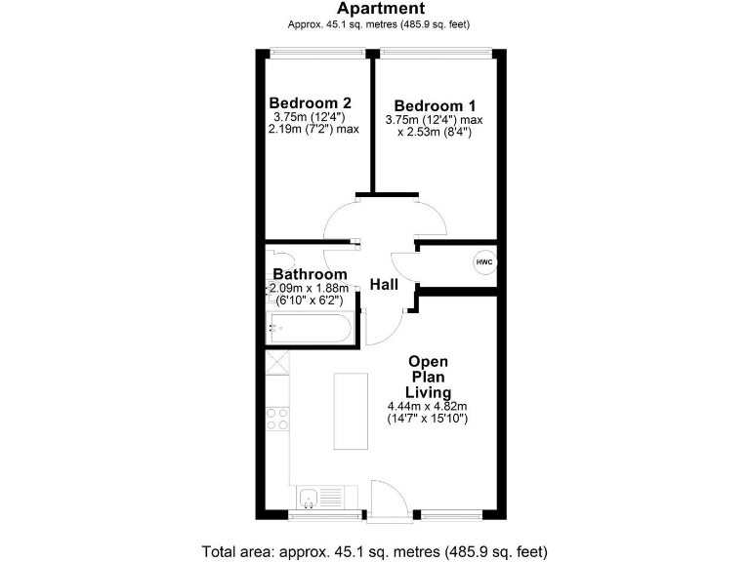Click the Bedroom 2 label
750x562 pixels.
pyautogui.click(x=311, y=102)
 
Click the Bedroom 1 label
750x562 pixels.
pyautogui.click(x=435, y=105)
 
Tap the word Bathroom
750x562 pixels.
pyautogui.click(x=310, y=274)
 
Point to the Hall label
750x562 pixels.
pyautogui.click(x=384, y=284)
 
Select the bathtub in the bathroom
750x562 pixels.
pyautogui.click(x=307, y=329)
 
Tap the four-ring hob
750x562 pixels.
pyautogui.click(x=277, y=418)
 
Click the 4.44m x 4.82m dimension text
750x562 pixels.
pyautogui.click(x=429, y=406)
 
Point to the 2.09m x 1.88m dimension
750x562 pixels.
pyautogui.click(x=311, y=288)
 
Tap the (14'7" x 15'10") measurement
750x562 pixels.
pyautogui.click(x=429, y=419)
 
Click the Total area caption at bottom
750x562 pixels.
pyautogui.click(x=374, y=549)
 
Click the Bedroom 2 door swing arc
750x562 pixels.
pyautogui.click(x=342, y=221)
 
